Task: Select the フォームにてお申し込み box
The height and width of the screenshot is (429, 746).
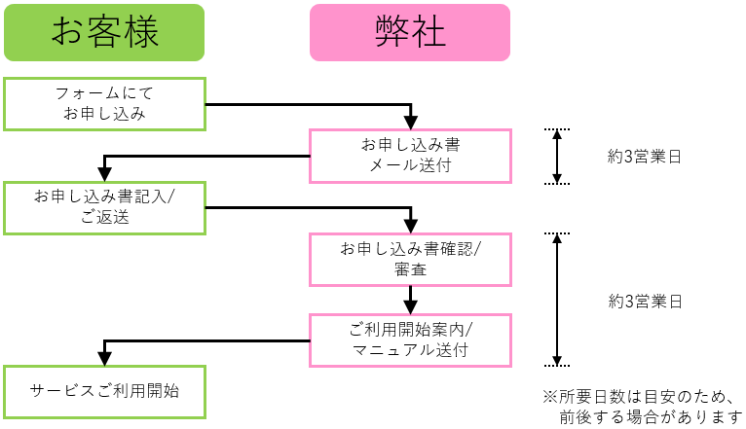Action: coord(104,104)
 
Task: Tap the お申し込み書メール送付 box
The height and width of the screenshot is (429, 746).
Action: coord(410,156)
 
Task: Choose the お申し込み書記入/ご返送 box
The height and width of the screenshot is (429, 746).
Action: coord(104,207)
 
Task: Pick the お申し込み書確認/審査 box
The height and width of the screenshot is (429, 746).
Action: coord(410,260)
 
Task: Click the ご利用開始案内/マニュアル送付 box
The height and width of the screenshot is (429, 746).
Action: coord(410,339)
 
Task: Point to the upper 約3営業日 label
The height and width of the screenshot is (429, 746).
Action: coord(644,156)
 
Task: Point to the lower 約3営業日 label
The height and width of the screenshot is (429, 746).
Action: coord(644,301)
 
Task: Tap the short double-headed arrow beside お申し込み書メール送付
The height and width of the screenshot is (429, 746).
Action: coord(556,156)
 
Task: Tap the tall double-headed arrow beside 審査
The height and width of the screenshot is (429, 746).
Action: coord(556,300)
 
